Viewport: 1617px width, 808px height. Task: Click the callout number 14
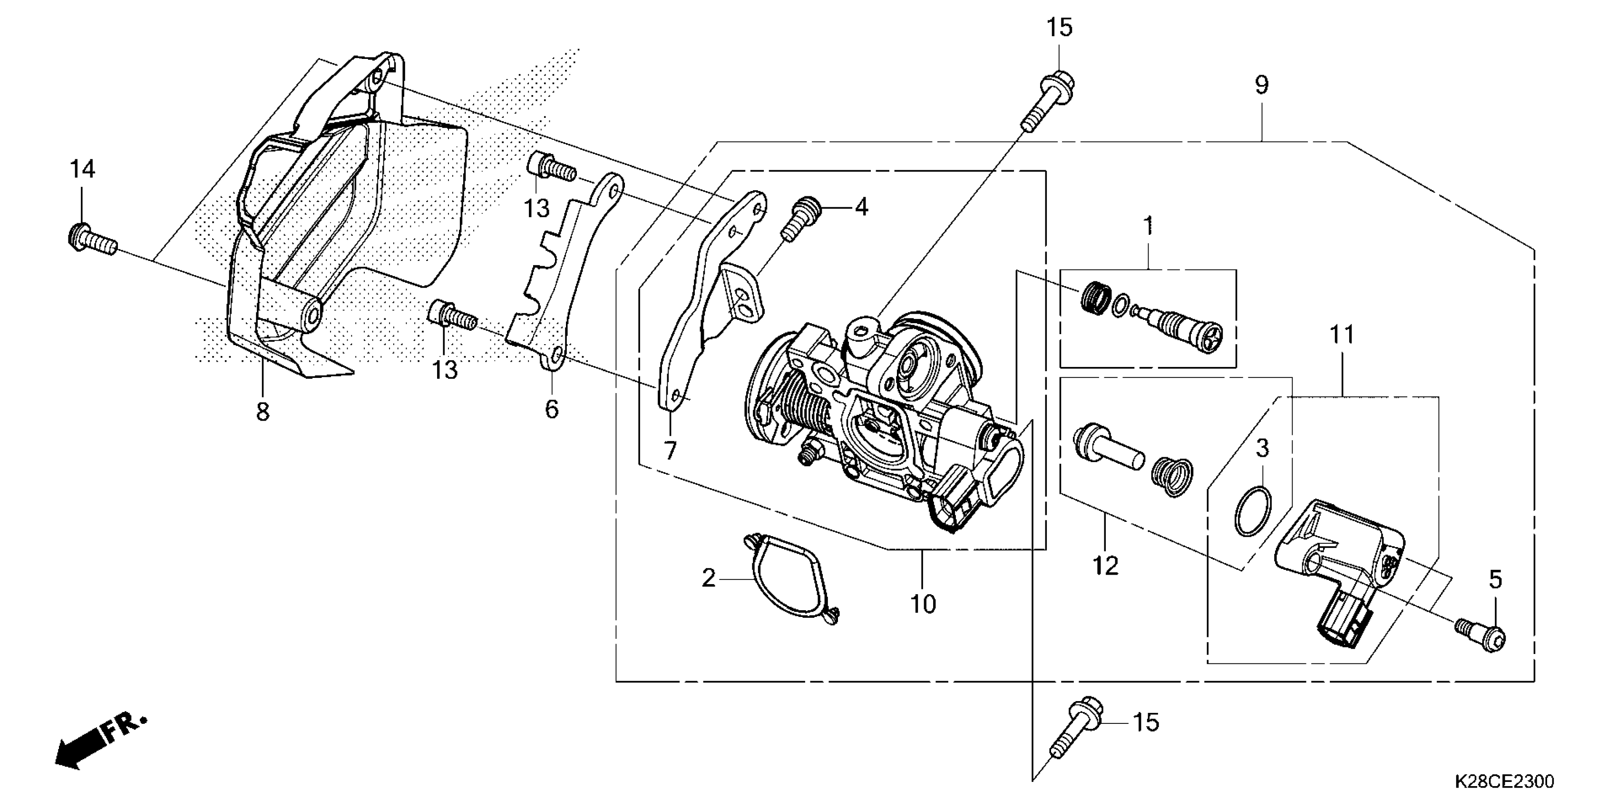[x=82, y=169]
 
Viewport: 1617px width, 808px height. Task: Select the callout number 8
[x=263, y=412]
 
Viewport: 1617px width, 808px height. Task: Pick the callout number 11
[x=1342, y=335]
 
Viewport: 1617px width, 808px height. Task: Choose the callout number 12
[x=1105, y=567]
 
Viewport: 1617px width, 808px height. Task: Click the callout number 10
[x=923, y=604]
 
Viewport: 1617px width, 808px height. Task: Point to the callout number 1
[x=1148, y=226]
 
